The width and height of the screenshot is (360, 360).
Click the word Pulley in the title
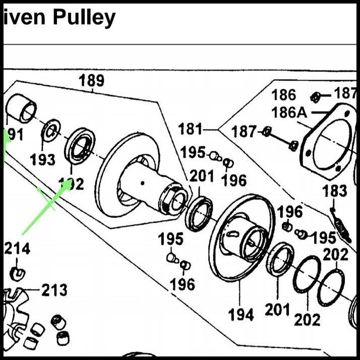point(84,18)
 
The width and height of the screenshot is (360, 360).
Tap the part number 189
point(91,80)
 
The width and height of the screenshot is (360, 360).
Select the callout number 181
point(190,130)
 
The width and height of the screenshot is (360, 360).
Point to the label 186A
point(289,112)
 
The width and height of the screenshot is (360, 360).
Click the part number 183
point(335,192)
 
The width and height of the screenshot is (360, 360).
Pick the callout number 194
point(241,315)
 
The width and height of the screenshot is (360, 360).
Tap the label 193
point(42,160)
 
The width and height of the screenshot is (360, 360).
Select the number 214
point(17,248)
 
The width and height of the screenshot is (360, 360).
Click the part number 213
point(54,290)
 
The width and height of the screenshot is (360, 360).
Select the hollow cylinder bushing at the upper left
point(22,108)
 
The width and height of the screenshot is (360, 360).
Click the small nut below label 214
point(18,273)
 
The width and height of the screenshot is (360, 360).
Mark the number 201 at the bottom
point(277,309)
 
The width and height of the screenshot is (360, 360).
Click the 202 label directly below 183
point(335,255)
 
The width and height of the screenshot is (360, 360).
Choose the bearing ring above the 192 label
point(80,145)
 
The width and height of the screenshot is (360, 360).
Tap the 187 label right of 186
point(346,93)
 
